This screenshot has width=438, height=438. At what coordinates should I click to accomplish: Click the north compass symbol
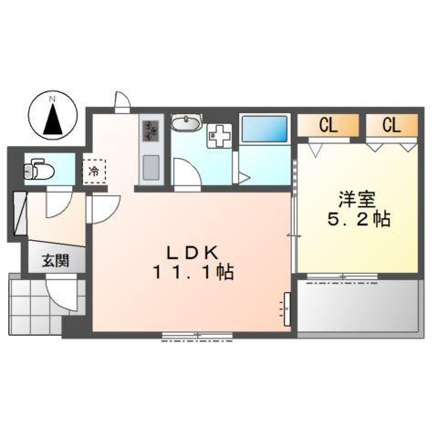[x=53, y=117]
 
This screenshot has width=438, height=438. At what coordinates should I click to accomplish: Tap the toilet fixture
[x=37, y=169]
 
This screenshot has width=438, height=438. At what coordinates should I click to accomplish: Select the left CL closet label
[x=328, y=126]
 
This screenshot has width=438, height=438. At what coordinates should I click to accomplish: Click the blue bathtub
[x=264, y=130]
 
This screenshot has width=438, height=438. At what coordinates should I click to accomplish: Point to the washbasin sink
[x=188, y=123]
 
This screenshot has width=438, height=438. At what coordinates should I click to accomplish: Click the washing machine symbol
[x=220, y=136]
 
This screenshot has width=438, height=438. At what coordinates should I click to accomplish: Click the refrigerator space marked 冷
[x=93, y=170]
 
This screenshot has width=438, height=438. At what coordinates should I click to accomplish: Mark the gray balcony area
[x=358, y=305]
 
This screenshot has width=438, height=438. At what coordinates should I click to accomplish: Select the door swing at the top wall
[x=121, y=99]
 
